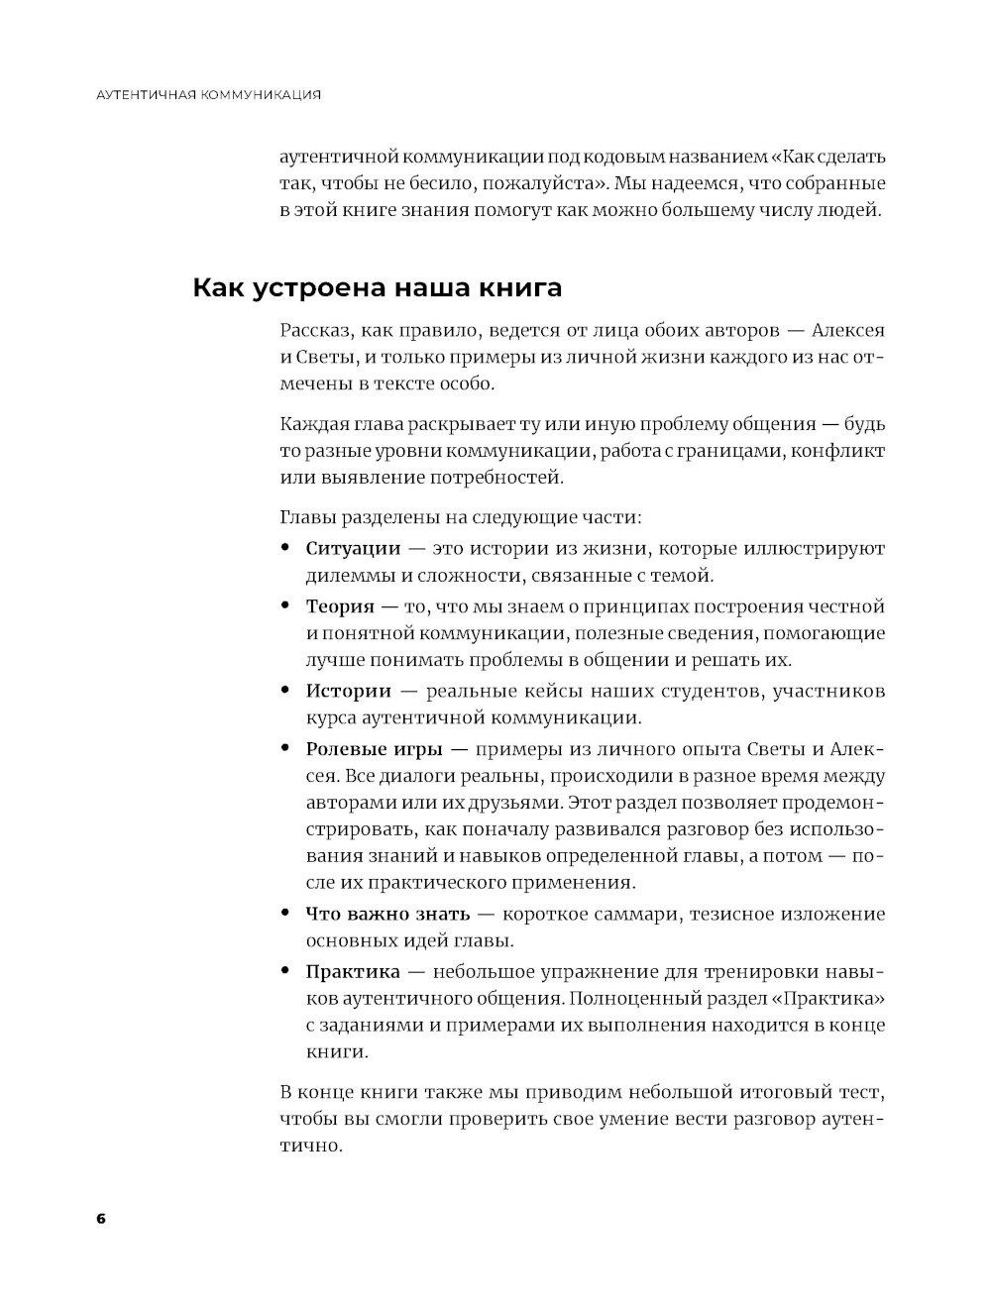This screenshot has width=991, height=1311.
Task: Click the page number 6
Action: click(100, 1218)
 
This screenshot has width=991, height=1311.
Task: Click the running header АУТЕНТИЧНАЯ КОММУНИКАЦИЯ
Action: click(209, 95)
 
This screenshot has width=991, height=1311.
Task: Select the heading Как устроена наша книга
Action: click(377, 288)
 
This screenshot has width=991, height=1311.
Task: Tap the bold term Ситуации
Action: click(353, 549)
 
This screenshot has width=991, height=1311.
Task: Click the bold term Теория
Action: click(340, 606)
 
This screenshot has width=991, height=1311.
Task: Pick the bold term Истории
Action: click(348, 691)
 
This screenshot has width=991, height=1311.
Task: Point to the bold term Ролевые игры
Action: click(374, 749)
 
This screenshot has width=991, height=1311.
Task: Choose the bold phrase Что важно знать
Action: click(387, 914)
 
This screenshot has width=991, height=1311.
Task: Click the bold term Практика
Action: click(353, 972)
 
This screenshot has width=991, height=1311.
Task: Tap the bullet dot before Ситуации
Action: click(285, 548)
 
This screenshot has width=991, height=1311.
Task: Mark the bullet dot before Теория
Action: click(285, 605)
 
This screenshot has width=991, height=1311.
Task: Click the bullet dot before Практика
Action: click(285, 971)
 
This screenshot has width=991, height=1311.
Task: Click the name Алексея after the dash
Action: click(847, 331)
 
